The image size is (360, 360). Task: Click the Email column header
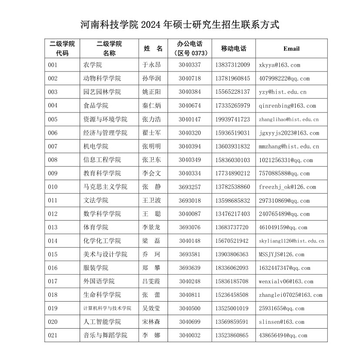(291, 48)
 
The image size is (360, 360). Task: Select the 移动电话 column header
(233, 48)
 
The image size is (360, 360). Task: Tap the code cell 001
(53, 65)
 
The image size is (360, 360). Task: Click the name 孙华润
(151, 78)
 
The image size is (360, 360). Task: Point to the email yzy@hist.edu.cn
(283, 92)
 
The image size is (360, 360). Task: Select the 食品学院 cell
(96, 105)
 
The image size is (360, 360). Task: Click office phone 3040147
(190, 119)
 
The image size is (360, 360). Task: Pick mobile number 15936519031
(232, 133)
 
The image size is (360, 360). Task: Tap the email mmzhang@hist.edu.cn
(289, 146)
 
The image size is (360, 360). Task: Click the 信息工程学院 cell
(102, 160)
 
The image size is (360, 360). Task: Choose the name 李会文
(151, 173)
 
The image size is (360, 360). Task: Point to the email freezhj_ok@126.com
(287, 187)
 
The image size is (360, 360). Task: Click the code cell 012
(53, 214)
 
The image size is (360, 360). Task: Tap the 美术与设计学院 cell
(105, 255)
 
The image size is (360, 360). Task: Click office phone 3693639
(190, 268)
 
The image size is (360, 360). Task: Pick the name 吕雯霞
(151, 282)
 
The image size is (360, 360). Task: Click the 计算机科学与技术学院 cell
(107, 309)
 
